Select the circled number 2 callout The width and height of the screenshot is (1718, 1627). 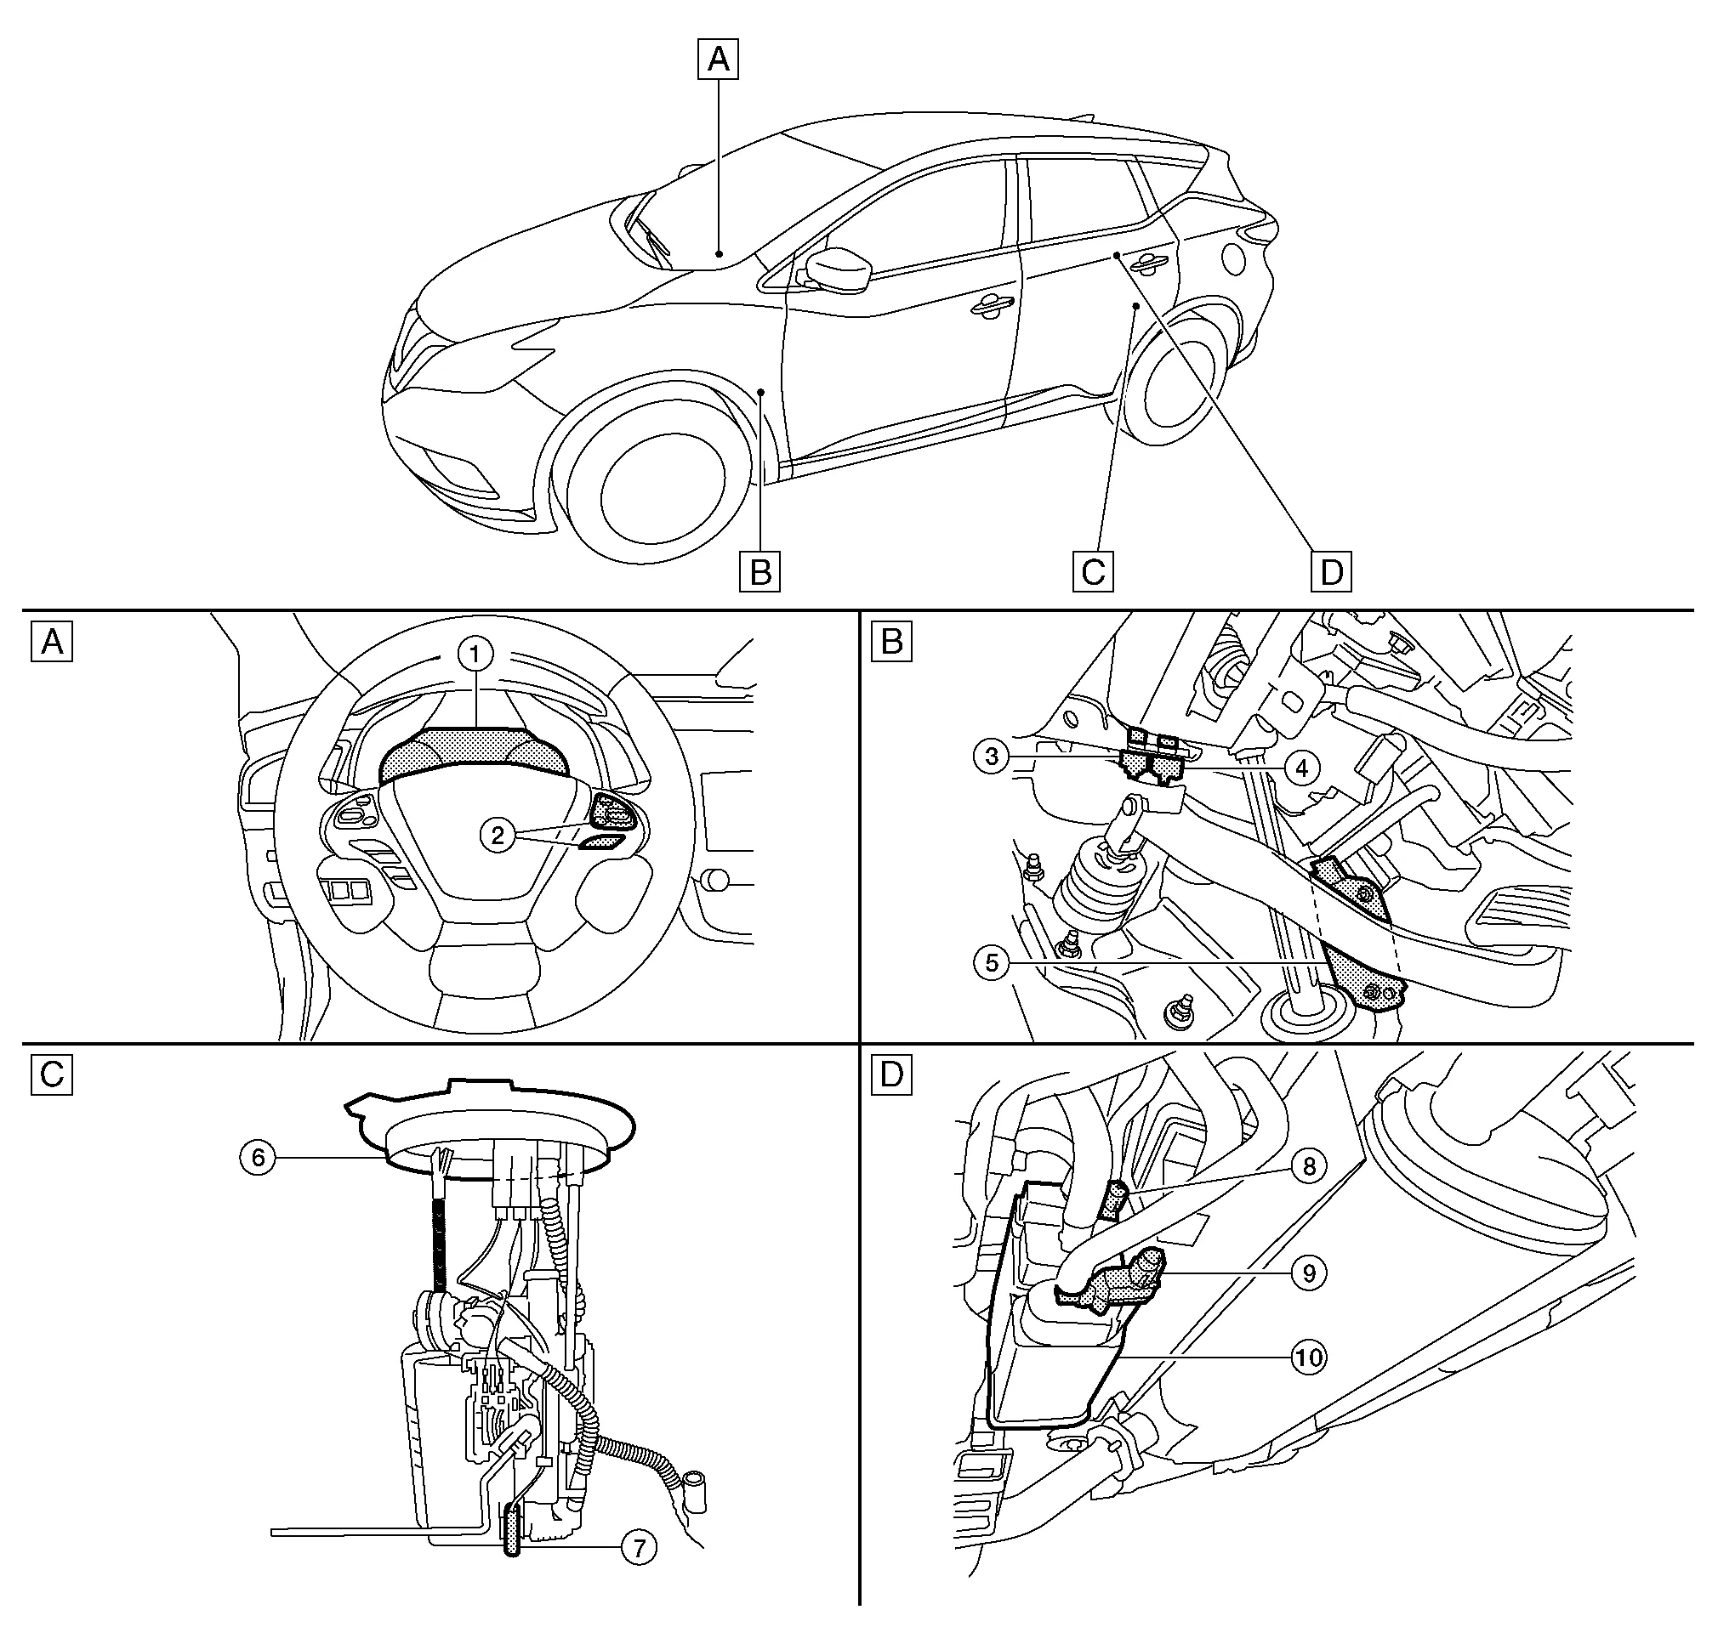pyautogui.click(x=498, y=836)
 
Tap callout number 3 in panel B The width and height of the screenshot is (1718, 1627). pyautogui.click(x=992, y=757)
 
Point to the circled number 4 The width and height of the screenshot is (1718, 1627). pyautogui.click(x=1301, y=768)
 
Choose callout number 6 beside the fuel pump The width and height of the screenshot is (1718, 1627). pyautogui.click(x=258, y=1158)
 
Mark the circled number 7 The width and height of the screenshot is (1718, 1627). pyautogui.click(x=639, y=1547)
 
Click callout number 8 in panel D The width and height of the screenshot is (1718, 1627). pyautogui.click(x=1308, y=1166)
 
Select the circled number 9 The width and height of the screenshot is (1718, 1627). pyautogui.click(x=1308, y=1273)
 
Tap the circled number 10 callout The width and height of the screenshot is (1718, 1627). pyautogui.click(x=1308, y=1358)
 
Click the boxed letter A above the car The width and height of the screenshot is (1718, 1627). pyautogui.click(x=719, y=60)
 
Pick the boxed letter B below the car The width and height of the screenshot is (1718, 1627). pyautogui.click(x=760, y=572)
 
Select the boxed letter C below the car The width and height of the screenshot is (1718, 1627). pyautogui.click(x=1092, y=572)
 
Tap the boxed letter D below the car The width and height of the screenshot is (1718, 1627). pyautogui.click(x=1331, y=572)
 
